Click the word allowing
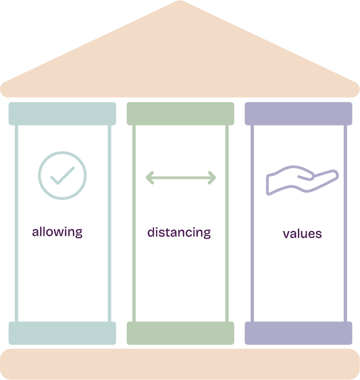57,232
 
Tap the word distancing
179,233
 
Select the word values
302,234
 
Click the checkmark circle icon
62,175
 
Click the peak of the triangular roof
179,4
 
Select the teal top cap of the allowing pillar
62,113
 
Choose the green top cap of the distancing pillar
181,113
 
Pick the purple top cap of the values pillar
299,113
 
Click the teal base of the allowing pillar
62,333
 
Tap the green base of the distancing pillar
181,333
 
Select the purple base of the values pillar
299,333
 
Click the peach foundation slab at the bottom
179,364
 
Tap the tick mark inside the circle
62,175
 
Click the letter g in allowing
79,234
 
